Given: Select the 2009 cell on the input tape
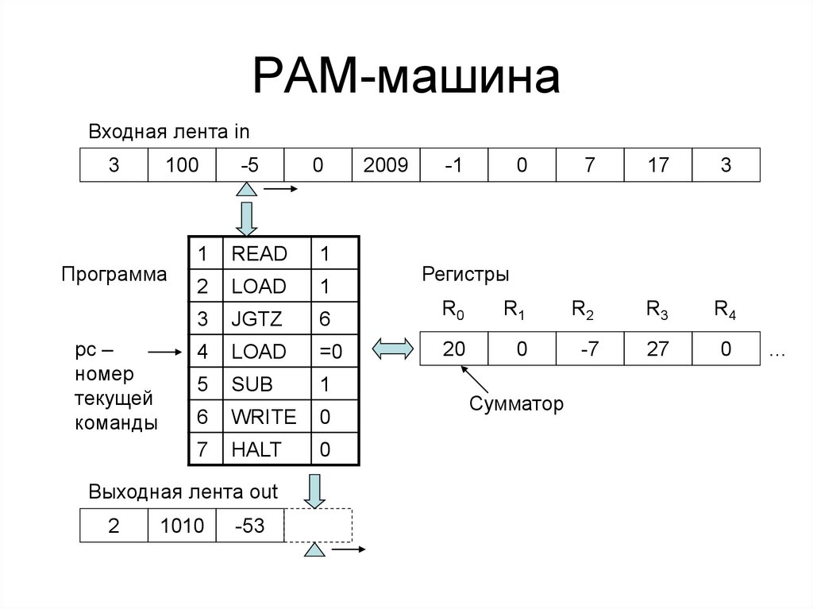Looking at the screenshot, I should click(385, 165).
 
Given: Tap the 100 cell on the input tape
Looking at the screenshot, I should click(182, 165).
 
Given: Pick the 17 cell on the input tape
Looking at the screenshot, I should click(657, 165).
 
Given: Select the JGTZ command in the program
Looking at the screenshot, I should click(256, 319).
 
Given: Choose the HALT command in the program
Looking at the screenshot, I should click(256, 449).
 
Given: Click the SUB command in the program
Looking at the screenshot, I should click(252, 384).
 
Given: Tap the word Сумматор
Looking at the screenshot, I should click(516, 403).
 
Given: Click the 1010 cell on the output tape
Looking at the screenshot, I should click(182, 526).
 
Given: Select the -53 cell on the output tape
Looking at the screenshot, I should click(249, 526).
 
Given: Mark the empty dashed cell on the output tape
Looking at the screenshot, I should click(318, 525).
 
